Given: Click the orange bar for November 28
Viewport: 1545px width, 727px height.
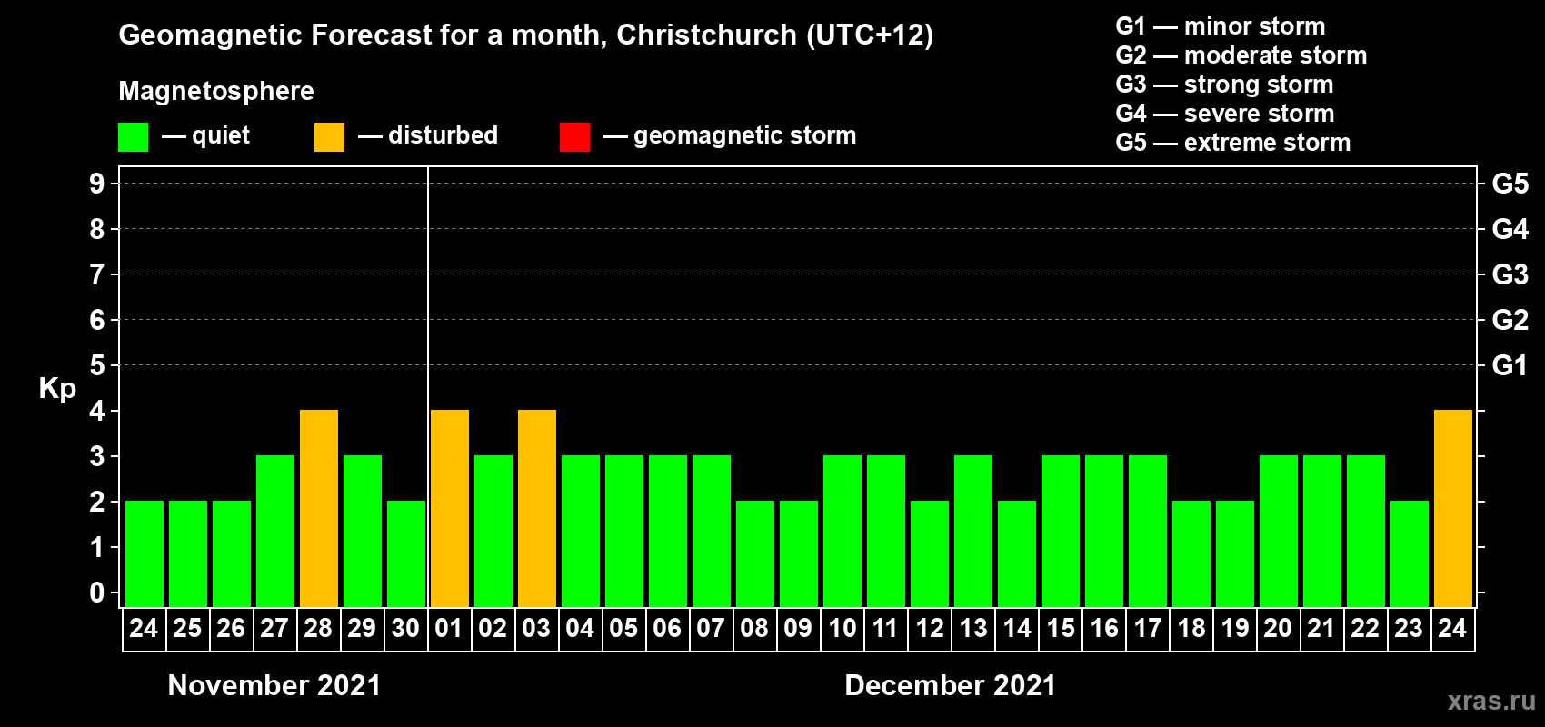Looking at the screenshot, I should click(x=319, y=508).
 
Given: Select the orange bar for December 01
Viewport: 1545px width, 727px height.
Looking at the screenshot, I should click(x=450, y=508).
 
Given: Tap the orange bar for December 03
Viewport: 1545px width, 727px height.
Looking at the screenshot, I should click(x=537, y=508).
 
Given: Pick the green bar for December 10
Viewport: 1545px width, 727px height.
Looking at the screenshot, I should click(x=842, y=531).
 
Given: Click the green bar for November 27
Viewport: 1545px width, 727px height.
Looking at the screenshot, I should click(x=275, y=531).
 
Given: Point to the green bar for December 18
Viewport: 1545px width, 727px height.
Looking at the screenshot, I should click(x=1191, y=553).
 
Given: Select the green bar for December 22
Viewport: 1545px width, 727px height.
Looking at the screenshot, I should click(x=1366, y=531).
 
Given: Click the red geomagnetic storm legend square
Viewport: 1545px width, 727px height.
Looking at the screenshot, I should click(x=574, y=137).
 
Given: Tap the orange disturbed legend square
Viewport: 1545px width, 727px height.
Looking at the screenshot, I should click(x=329, y=137).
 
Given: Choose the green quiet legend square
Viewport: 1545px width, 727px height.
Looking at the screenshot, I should click(x=133, y=137).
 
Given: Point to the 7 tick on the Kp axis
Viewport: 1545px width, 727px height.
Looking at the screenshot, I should click(x=97, y=274).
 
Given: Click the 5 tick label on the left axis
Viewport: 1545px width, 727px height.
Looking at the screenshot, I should click(x=97, y=365).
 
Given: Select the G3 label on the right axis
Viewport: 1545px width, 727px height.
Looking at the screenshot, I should click(x=1510, y=274).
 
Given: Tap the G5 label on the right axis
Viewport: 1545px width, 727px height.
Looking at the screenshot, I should click(x=1510, y=184).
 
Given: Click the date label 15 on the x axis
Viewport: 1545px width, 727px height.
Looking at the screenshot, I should click(x=1061, y=629).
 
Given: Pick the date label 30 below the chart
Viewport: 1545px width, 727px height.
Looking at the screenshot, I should click(x=405, y=629).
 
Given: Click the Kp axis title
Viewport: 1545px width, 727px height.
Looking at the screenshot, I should click(x=57, y=389).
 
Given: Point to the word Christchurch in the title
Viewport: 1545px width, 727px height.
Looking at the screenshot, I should click(x=706, y=35).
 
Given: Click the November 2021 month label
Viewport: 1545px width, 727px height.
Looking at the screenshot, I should click(x=274, y=685).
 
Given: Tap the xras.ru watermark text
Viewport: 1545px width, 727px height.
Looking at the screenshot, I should click(x=1491, y=701).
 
